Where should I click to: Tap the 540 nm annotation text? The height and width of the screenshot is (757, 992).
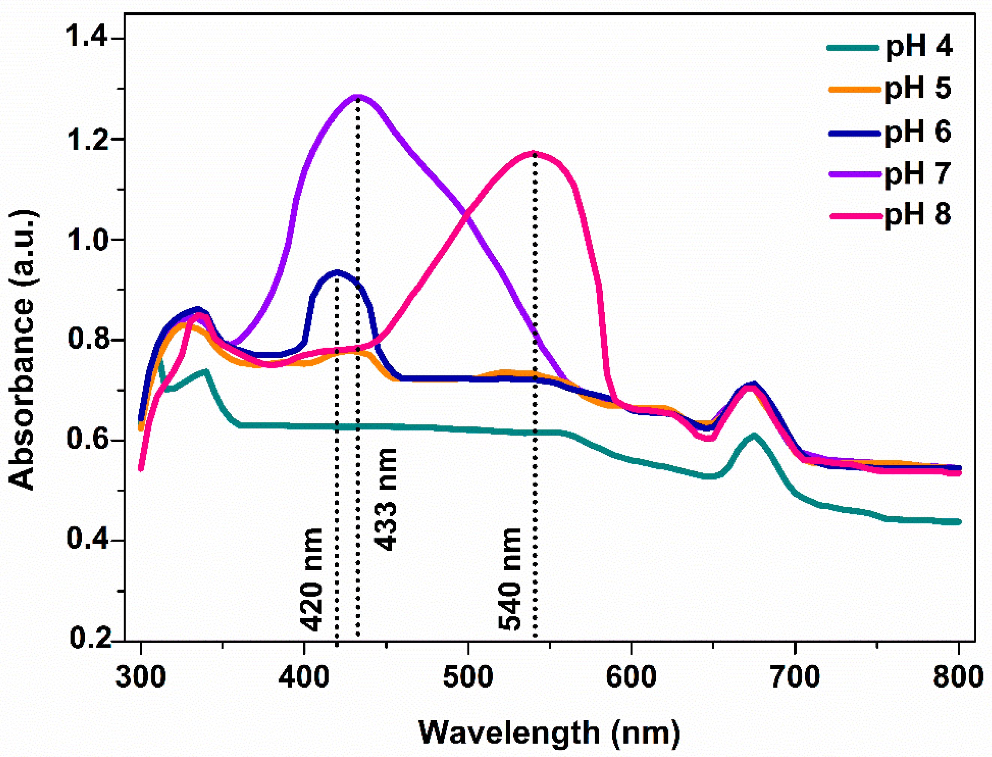point(510,579)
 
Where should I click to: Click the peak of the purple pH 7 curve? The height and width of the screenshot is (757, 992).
point(357,96)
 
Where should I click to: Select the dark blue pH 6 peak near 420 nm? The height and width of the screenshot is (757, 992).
point(337,272)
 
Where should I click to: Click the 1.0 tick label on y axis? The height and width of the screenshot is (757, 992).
point(87,239)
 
